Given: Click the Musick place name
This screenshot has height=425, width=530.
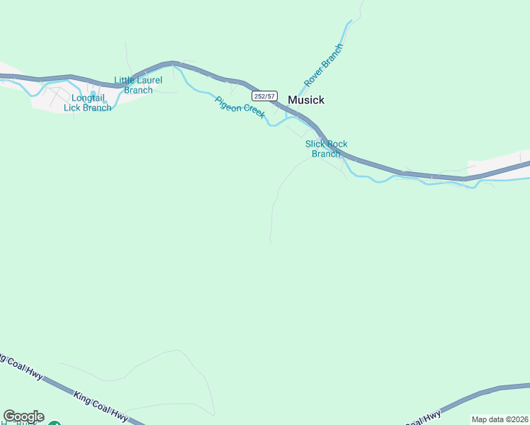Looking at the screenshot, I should point(306,101).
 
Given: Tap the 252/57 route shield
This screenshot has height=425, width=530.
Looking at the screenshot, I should point(264,96).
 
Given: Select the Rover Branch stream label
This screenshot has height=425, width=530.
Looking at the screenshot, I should point(323,65).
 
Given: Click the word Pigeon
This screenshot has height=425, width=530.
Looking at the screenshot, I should point(228,102).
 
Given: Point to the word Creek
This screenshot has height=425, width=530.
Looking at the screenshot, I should point(254,110).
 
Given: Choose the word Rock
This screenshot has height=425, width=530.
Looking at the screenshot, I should point(337,144).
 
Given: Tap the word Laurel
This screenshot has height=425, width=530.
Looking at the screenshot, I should point(149,81).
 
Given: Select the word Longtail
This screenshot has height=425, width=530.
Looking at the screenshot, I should point(87,98).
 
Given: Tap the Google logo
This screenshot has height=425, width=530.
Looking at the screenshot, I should point(23,416).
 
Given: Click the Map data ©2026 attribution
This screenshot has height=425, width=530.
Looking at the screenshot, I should point(499,419).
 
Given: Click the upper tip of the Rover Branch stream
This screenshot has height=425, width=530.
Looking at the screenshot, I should point(350,21).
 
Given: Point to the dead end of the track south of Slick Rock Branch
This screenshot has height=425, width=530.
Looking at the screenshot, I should point(271,243).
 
